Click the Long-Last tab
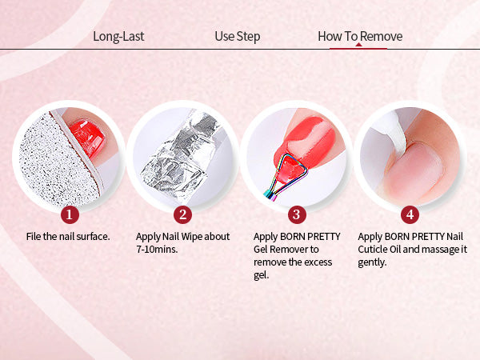118,37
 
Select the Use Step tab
238,37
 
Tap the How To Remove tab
360,37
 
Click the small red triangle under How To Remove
358,45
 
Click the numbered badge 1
70,214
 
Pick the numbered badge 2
182,214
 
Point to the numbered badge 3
297,214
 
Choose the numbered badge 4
410,214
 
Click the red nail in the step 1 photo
87,137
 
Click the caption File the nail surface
68,237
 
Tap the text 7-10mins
157,250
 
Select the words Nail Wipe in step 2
182,237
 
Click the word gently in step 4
372,263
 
